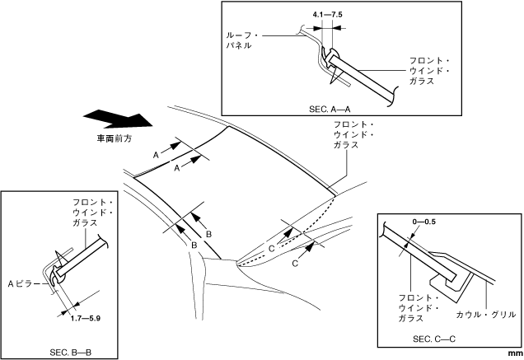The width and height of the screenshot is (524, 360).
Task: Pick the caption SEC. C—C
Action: tap(434, 339)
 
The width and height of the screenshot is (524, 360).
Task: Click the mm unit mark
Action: tap(512, 353)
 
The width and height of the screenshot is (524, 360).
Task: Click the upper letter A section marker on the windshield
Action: tap(156, 154)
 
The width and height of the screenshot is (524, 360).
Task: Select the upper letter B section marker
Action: tap(208, 234)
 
